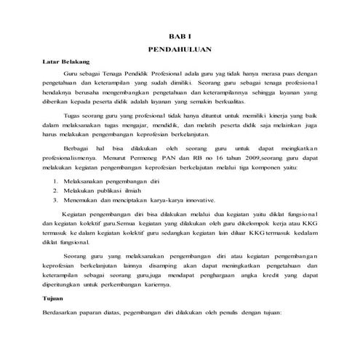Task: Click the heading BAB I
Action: point(179,35)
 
